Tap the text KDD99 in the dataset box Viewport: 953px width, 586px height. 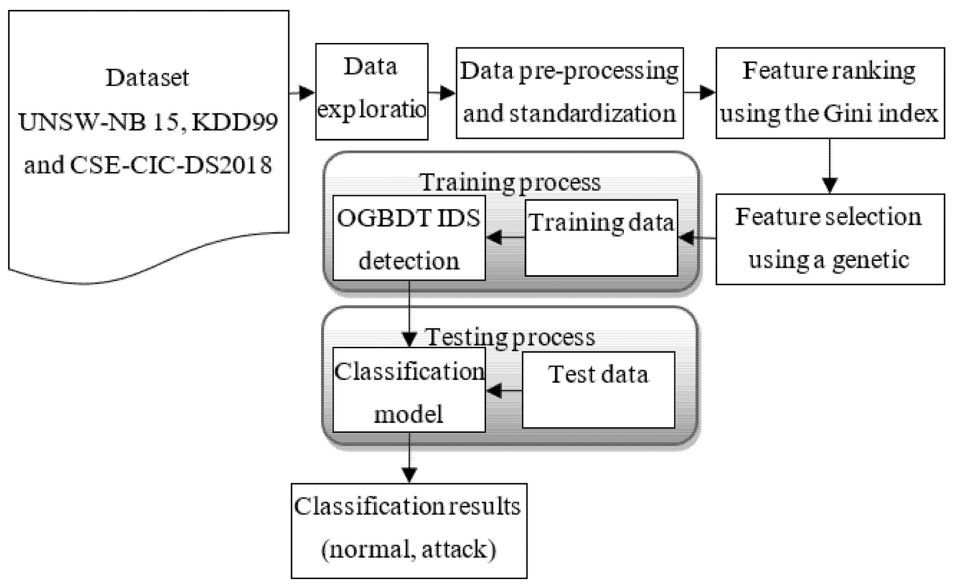(235, 122)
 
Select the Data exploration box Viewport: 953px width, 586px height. (372, 92)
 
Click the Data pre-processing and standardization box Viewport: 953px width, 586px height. (569, 93)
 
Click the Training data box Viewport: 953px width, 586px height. (601, 237)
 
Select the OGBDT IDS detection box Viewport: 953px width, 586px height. (409, 237)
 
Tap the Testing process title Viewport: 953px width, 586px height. (510, 337)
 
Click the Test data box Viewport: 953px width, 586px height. (598, 390)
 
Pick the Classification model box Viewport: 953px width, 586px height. (409, 390)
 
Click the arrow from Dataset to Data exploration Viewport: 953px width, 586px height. (303, 93)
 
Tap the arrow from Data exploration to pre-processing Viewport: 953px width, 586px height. (442, 93)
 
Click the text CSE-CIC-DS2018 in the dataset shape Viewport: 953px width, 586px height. (171, 165)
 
